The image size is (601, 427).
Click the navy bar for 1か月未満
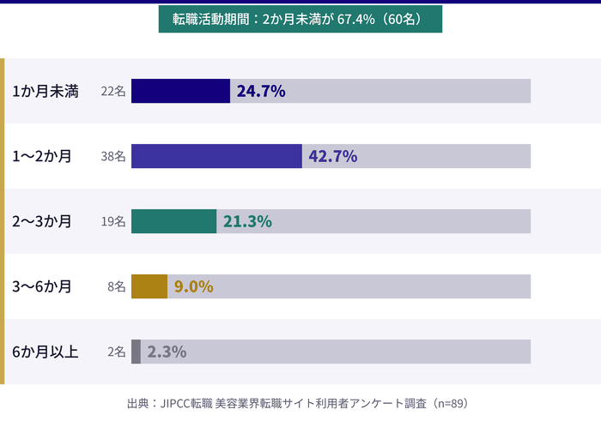coord(180,91)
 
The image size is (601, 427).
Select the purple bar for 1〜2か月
coord(216,156)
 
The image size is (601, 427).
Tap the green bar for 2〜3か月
coord(173,221)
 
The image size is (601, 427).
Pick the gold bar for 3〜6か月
coord(149,286)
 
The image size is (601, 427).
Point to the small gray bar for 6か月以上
coord(136,352)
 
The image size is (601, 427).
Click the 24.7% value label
coord(261,91)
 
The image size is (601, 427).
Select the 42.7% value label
coord(333,156)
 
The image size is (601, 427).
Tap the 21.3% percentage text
coord(247,221)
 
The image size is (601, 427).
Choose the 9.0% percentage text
coord(193,286)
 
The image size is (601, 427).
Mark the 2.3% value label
coord(167,352)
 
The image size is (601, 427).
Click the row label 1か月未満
coord(46,91)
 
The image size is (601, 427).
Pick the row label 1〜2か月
coord(42,156)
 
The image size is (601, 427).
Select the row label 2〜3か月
coord(42,221)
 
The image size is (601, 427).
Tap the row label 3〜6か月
coord(42,286)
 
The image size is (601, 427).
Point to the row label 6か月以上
coord(46,352)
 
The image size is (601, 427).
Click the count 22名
coord(113,91)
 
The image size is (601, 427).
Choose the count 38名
coord(113,156)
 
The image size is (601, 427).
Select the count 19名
coord(113,221)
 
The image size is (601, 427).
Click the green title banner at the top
coord(300,19)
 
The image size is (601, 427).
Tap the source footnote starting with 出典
coord(296,402)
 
